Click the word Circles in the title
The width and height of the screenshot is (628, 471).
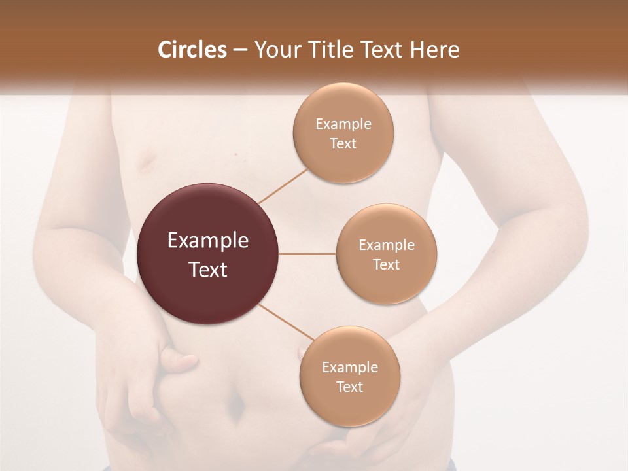(x=192, y=50)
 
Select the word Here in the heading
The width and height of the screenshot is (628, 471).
(x=436, y=50)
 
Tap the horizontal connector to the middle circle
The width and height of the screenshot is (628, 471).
(x=307, y=254)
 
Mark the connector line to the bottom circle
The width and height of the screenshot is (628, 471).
(x=287, y=322)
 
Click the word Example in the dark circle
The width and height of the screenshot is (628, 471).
(x=208, y=241)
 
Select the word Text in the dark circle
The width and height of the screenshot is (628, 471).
(x=208, y=270)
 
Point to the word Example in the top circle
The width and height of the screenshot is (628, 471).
(x=343, y=124)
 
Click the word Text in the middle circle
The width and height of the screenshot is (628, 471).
(x=386, y=264)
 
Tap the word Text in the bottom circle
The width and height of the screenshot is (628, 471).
(x=349, y=387)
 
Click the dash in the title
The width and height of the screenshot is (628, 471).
(x=240, y=50)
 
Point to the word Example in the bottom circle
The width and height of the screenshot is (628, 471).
(x=350, y=367)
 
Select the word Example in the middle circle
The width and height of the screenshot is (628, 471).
(x=387, y=245)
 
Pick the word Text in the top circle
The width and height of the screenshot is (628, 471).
(x=343, y=143)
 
